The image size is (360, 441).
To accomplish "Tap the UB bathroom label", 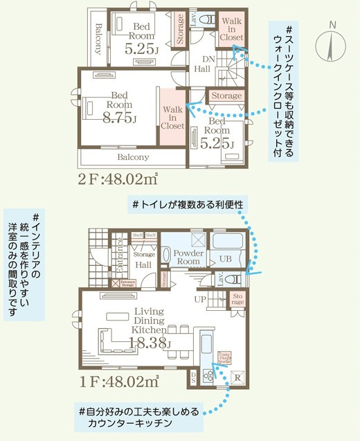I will [x=225, y=259].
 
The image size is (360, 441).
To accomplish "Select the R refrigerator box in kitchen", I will [x=237, y=378].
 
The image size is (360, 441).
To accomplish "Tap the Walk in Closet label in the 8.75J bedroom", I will [x=172, y=117].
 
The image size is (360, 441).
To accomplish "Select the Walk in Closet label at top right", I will [x=231, y=30].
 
